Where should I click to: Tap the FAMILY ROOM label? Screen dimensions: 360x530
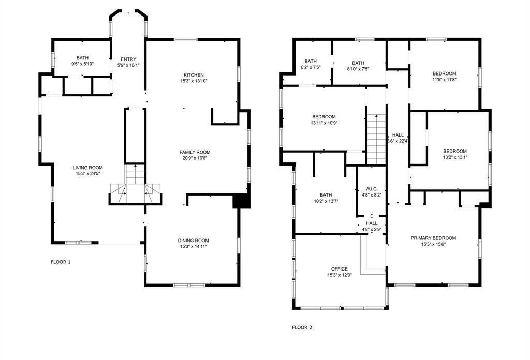coord(195,152)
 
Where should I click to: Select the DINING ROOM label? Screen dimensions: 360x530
coord(193,241)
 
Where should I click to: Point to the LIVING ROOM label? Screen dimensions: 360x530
coord(87,168)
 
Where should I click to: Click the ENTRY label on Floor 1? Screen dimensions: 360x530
coord(128,59)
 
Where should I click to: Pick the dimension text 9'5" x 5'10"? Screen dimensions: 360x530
coord(82,64)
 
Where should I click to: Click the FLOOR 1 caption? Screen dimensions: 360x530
coord(61,262)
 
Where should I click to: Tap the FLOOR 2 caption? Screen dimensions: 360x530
coord(302,327)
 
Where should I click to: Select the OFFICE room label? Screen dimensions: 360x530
coord(339,269)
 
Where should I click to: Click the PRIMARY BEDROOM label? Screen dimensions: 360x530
coord(433,238)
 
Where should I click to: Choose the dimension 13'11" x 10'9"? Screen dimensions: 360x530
coord(324,123)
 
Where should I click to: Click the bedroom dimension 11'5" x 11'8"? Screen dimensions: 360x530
coord(444,80)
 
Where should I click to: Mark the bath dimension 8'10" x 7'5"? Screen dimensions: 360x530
coord(358,67)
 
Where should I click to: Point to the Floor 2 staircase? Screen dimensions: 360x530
coord(376,139)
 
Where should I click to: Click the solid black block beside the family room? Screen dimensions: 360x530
coord(242,201)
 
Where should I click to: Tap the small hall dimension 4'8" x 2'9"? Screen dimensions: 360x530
coord(373,229)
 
